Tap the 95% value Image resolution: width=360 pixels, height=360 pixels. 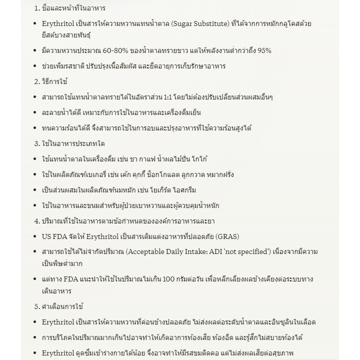click(264, 50)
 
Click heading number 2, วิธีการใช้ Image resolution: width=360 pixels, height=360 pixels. click(51, 81)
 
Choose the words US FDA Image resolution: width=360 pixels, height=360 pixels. click(54, 236)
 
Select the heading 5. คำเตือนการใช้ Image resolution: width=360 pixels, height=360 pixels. click(59, 306)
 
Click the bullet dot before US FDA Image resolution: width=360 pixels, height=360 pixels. click(34, 237)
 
